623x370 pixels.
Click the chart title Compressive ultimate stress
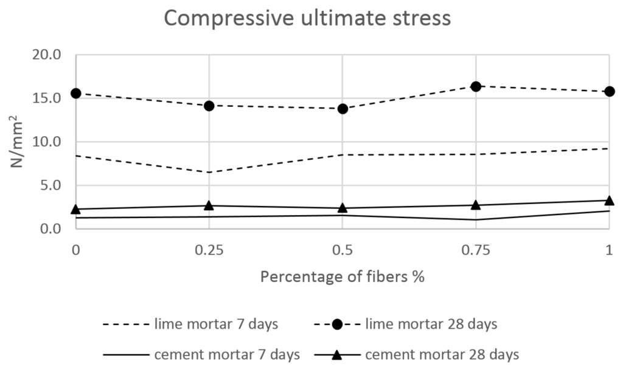coord(307,18)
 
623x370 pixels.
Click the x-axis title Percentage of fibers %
coord(342,277)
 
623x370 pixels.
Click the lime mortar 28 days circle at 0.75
coord(476,86)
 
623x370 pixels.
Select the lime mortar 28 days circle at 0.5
coord(343,109)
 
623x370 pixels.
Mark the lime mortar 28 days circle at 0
coord(75,93)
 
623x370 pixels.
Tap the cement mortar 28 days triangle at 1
coord(609,200)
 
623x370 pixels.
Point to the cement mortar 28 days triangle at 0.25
coord(209,205)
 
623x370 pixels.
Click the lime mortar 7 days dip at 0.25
coord(209,172)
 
